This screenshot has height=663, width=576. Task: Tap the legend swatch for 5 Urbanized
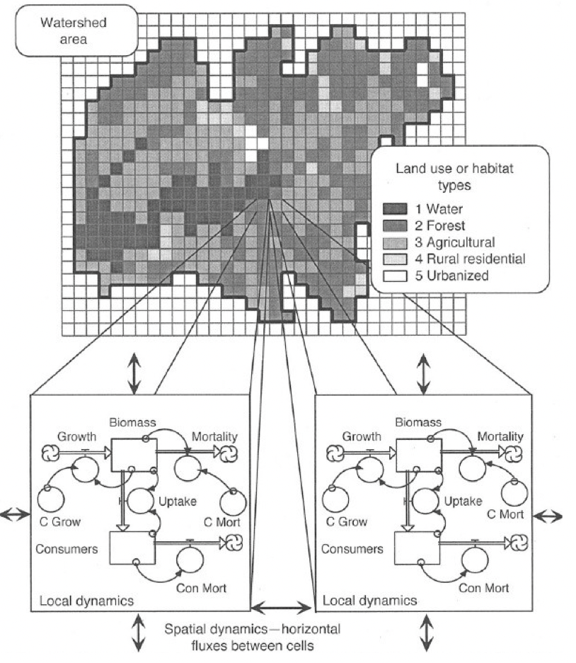click(x=393, y=276)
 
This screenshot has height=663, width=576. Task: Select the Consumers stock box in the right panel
click(x=418, y=548)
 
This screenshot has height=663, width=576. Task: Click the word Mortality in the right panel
click(x=500, y=436)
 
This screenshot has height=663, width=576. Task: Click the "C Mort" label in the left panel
click(x=224, y=523)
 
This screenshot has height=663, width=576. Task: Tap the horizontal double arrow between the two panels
click(x=282, y=608)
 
